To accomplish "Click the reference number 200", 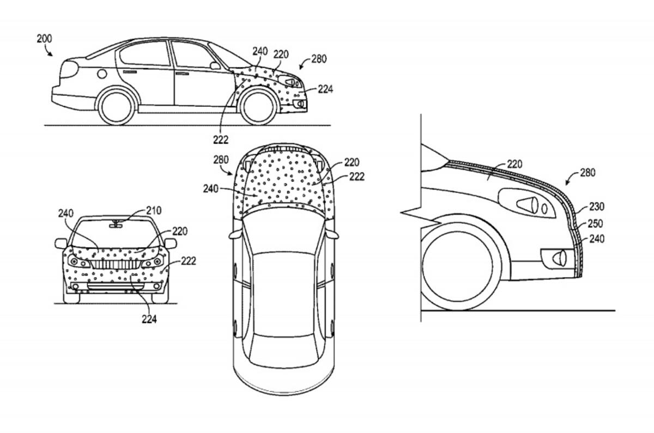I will click(45, 39).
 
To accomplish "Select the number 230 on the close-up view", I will click(597, 207).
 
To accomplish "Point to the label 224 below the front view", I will click(149, 320).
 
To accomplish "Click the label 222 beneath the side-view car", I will click(221, 140).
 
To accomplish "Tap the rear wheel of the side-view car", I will click(117, 106).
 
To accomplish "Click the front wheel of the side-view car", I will click(258, 106).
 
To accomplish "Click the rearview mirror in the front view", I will click(115, 223).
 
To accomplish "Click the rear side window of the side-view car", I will click(144, 54).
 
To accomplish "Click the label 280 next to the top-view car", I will click(221, 160).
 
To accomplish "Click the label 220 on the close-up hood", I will click(514, 163).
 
